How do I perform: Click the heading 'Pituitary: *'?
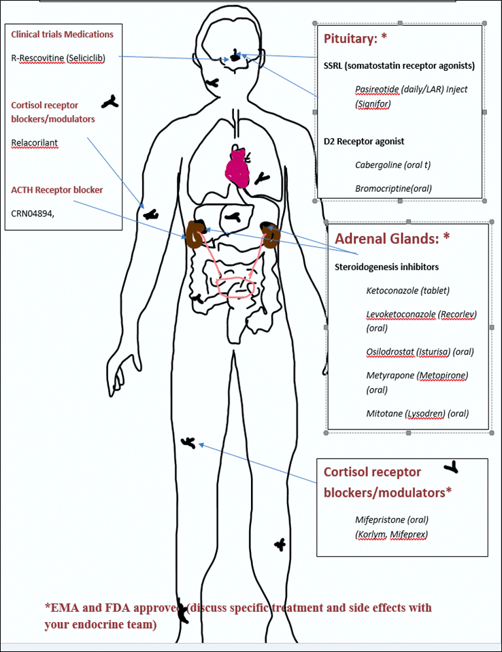point(354,39)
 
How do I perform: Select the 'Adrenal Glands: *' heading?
point(392,238)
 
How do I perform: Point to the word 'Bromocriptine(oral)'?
point(393,188)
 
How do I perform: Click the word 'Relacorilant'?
point(35,143)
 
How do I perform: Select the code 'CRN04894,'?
point(33,213)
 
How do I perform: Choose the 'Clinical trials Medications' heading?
point(63,34)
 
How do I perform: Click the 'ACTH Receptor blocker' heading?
point(57,190)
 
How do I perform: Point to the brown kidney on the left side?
point(197,234)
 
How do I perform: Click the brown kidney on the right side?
point(272,235)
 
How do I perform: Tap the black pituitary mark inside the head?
point(235,54)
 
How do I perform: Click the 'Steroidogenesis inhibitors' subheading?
point(386,267)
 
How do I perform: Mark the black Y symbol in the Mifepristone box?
point(451,468)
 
